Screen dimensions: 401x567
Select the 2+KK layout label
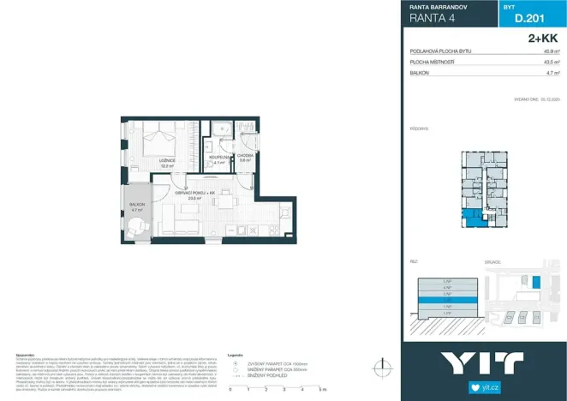click(x=542, y=39)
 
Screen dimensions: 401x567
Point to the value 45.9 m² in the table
click(x=552, y=52)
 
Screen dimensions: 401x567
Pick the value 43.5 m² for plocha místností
click(x=552, y=63)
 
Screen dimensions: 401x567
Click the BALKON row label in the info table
click(x=420, y=74)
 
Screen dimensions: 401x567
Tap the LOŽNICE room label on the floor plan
click(x=167, y=160)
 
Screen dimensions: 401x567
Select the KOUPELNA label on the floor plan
click(x=218, y=158)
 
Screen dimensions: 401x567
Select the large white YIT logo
click(x=484, y=361)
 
